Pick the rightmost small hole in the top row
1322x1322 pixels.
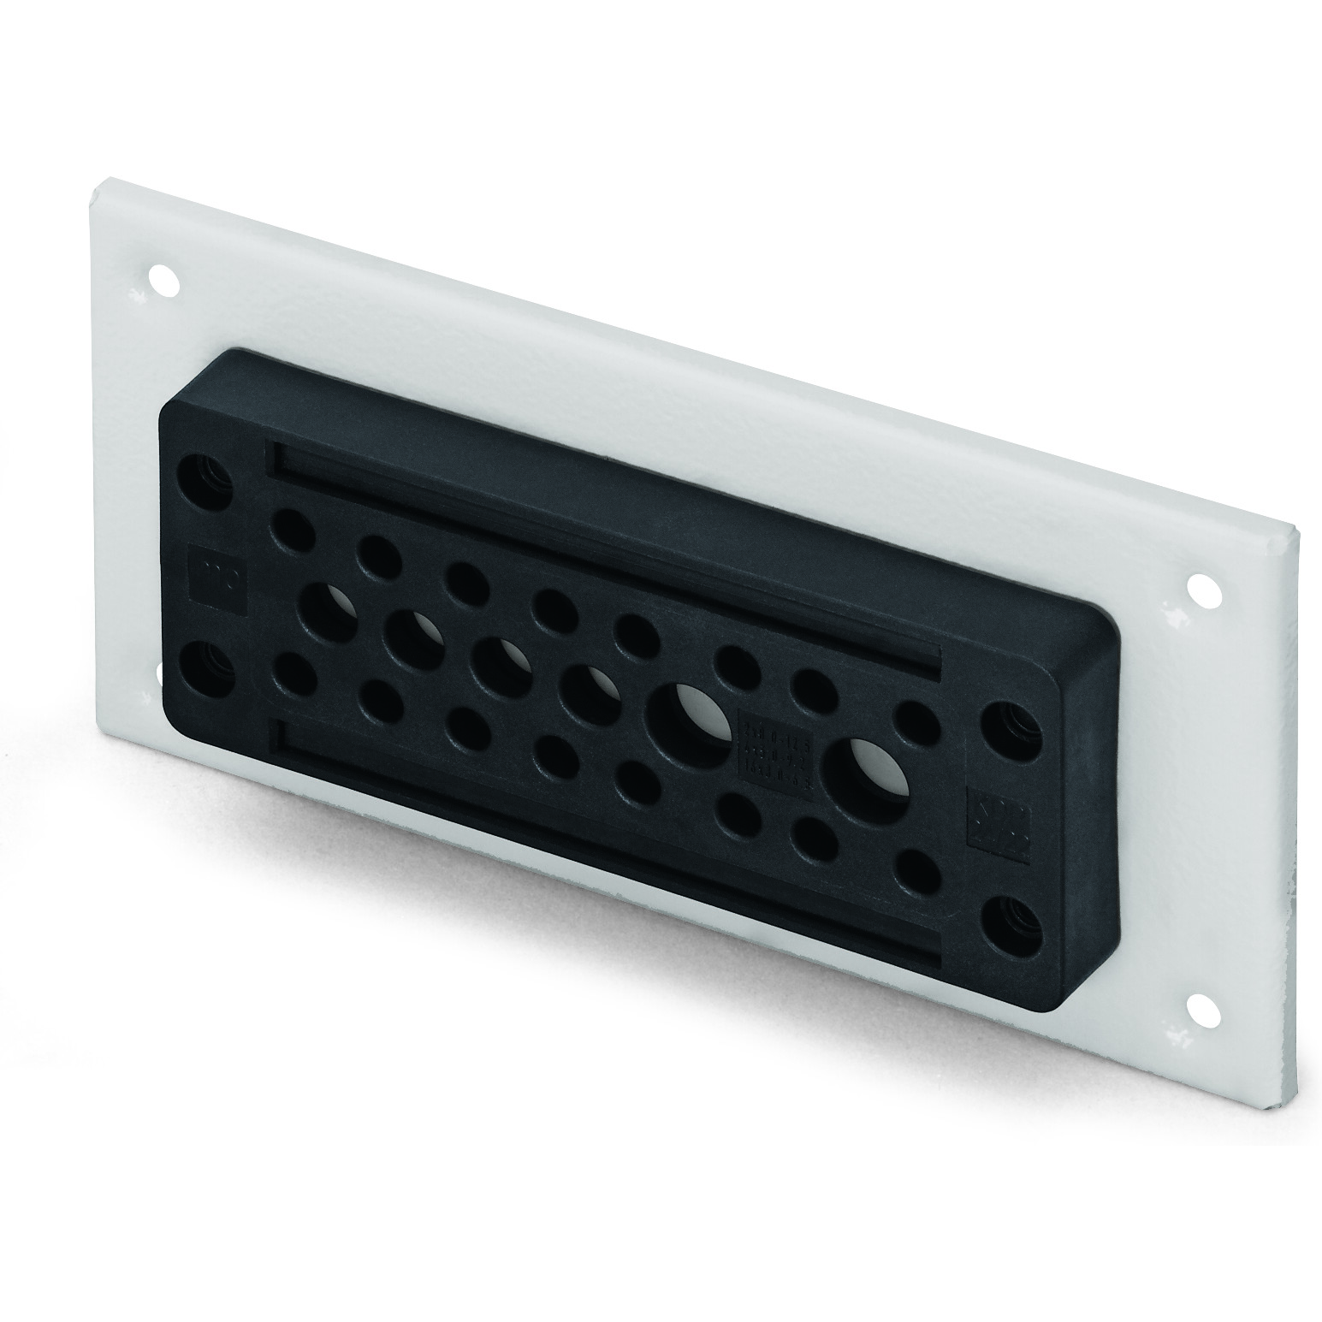pos(919,722)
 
